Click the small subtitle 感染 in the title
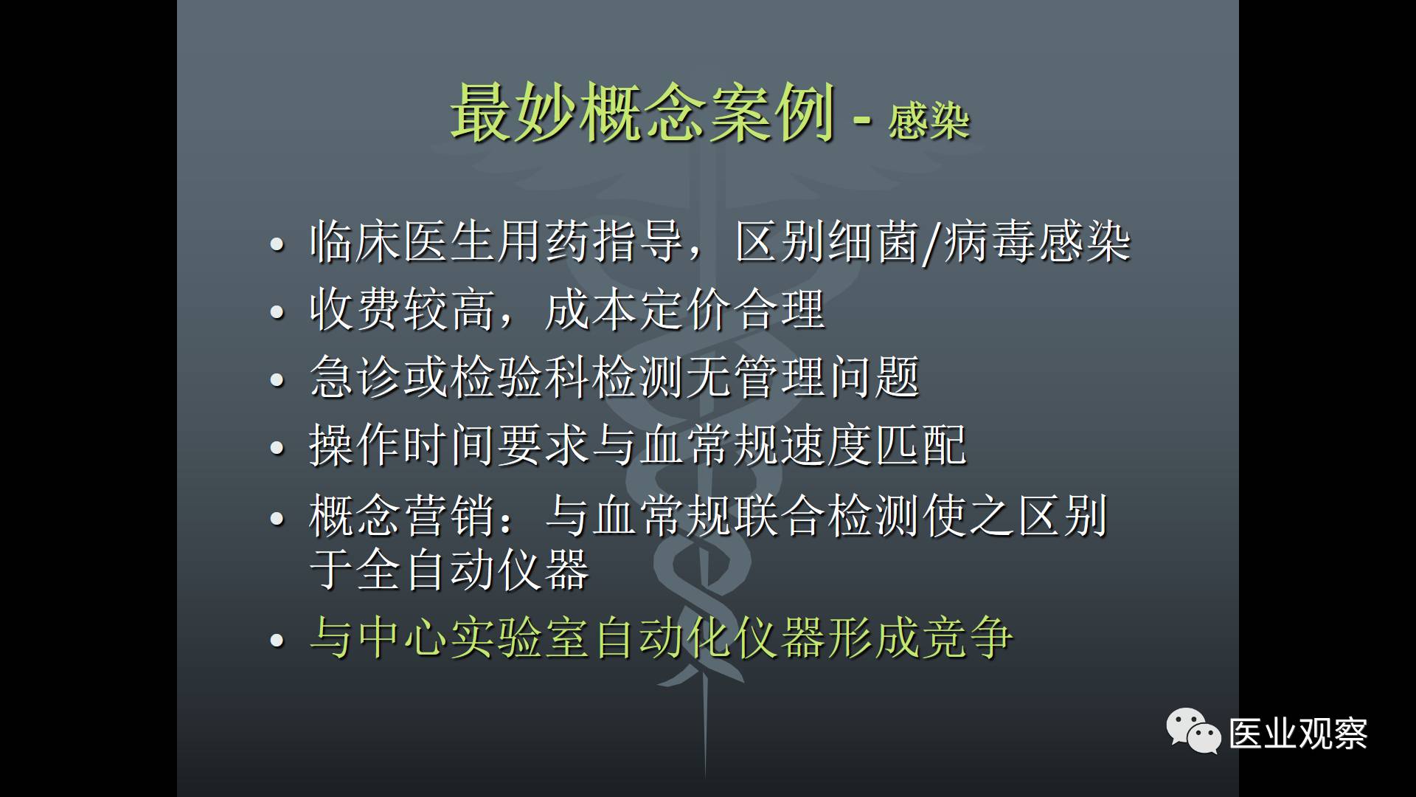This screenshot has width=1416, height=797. [x=929, y=121]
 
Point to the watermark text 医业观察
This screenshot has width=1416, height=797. [x=1299, y=734]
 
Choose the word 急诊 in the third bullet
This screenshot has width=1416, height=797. [x=356, y=377]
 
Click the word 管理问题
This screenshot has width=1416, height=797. [x=827, y=377]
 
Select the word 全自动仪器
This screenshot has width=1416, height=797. [x=473, y=569]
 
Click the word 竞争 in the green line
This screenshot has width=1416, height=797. [x=967, y=637]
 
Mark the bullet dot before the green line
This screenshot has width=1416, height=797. [x=277, y=639]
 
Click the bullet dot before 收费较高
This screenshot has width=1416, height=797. [x=277, y=311]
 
